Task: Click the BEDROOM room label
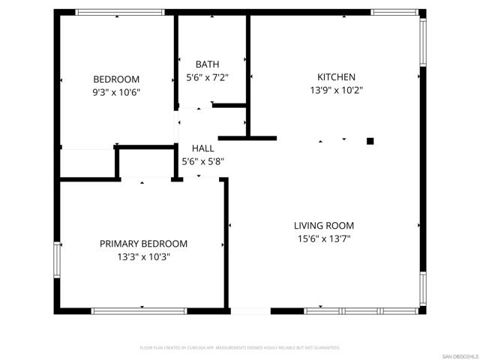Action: point(116,79)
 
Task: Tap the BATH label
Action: point(207,64)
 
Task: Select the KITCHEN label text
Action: point(336,77)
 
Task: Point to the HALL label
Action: point(203,148)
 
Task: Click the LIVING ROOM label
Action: point(323,226)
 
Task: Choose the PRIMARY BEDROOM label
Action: point(144,244)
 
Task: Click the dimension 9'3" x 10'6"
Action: point(116,92)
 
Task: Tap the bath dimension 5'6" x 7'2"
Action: point(207,77)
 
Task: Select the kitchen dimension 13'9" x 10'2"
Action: point(336,90)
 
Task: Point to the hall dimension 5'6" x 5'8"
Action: point(203,161)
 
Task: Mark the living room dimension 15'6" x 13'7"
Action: point(323,238)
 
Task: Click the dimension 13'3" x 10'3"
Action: point(144,256)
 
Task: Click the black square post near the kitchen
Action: point(370,140)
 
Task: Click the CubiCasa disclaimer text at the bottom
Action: point(240,348)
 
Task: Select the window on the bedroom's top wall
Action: point(120,12)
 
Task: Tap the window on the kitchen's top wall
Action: point(395,12)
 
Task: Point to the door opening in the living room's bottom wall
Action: point(250,310)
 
